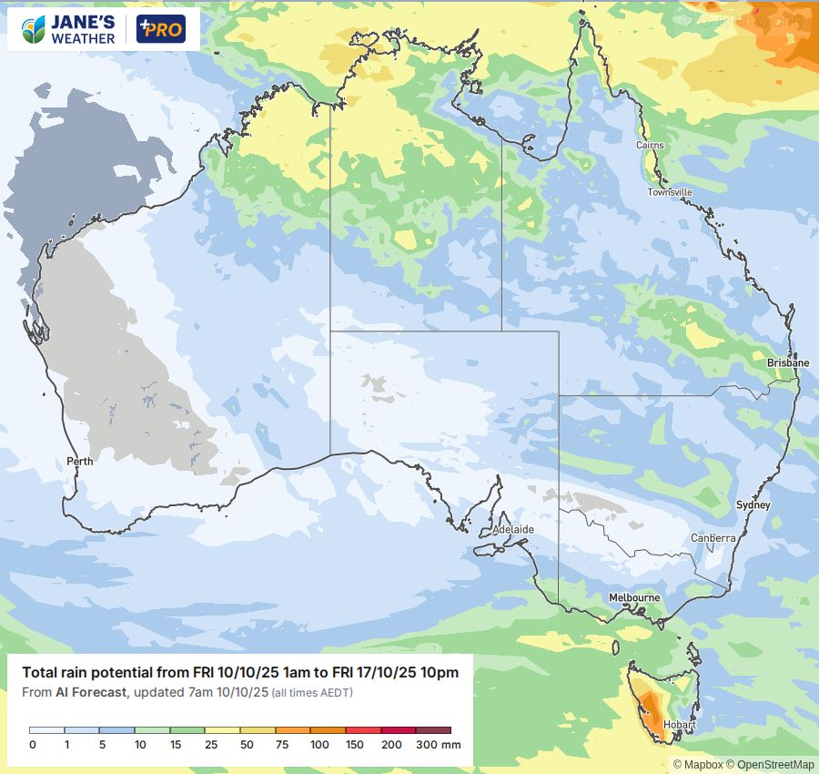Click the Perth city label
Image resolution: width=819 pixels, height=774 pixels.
[x=80, y=461]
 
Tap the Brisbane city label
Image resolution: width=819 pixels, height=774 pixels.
[x=787, y=362]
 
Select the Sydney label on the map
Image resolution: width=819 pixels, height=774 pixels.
[x=753, y=504]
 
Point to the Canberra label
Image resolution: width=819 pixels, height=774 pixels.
[x=713, y=538]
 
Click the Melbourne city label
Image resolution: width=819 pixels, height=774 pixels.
[x=634, y=597]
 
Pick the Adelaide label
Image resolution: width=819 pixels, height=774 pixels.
[x=512, y=529]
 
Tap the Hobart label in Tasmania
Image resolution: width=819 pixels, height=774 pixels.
[x=679, y=725]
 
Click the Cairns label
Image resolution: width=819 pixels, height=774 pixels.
[x=651, y=146]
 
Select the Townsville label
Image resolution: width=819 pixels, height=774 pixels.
[x=670, y=192]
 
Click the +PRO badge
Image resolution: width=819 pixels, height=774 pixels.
[x=160, y=29]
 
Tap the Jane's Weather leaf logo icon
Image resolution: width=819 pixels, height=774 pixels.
[x=35, y=29]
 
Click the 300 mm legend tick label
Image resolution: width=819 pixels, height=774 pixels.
[x=439, y=745]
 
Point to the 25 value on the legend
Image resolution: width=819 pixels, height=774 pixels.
[x=210, y=745]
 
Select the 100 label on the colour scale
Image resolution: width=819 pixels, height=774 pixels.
[x=318, y=745]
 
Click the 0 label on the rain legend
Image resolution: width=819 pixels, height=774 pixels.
[x=32, y=745]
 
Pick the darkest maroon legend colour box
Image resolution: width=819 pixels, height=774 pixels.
[x=434, y=730]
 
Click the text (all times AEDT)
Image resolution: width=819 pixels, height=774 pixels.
[x=312, y=694]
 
